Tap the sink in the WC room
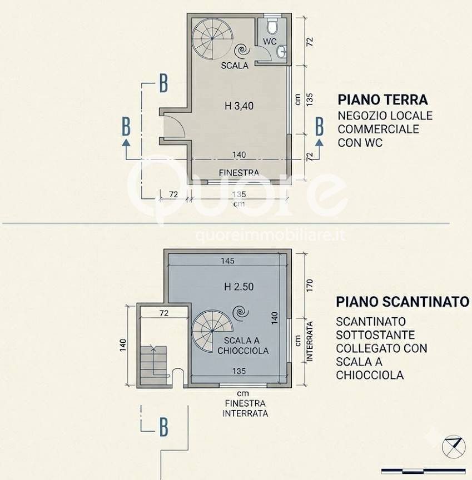click(x=282, y=52)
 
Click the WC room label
click(x=270, y=41)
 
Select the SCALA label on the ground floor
click(x=235, y=65)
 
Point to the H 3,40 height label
click(x=239, y=106)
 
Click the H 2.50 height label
click(x=239, y=287)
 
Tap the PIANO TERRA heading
click(x=383, y=99)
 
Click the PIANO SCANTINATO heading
click(x=403, y=302)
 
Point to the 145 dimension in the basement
click(x=227, y=261)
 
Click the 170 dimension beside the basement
click(x=309, y=285)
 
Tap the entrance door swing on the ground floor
click(x=174, y=126)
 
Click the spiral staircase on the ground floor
click(x=212, y=39)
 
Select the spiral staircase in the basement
click(x=212, y=331)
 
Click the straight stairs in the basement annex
click(x=153, y=365)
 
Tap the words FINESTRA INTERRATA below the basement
click(x=245, y=408)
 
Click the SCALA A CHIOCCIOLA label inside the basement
click(x=243, y=346)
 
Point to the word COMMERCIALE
click(x=378, y=129)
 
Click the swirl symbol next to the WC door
click(x=242, y=51)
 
